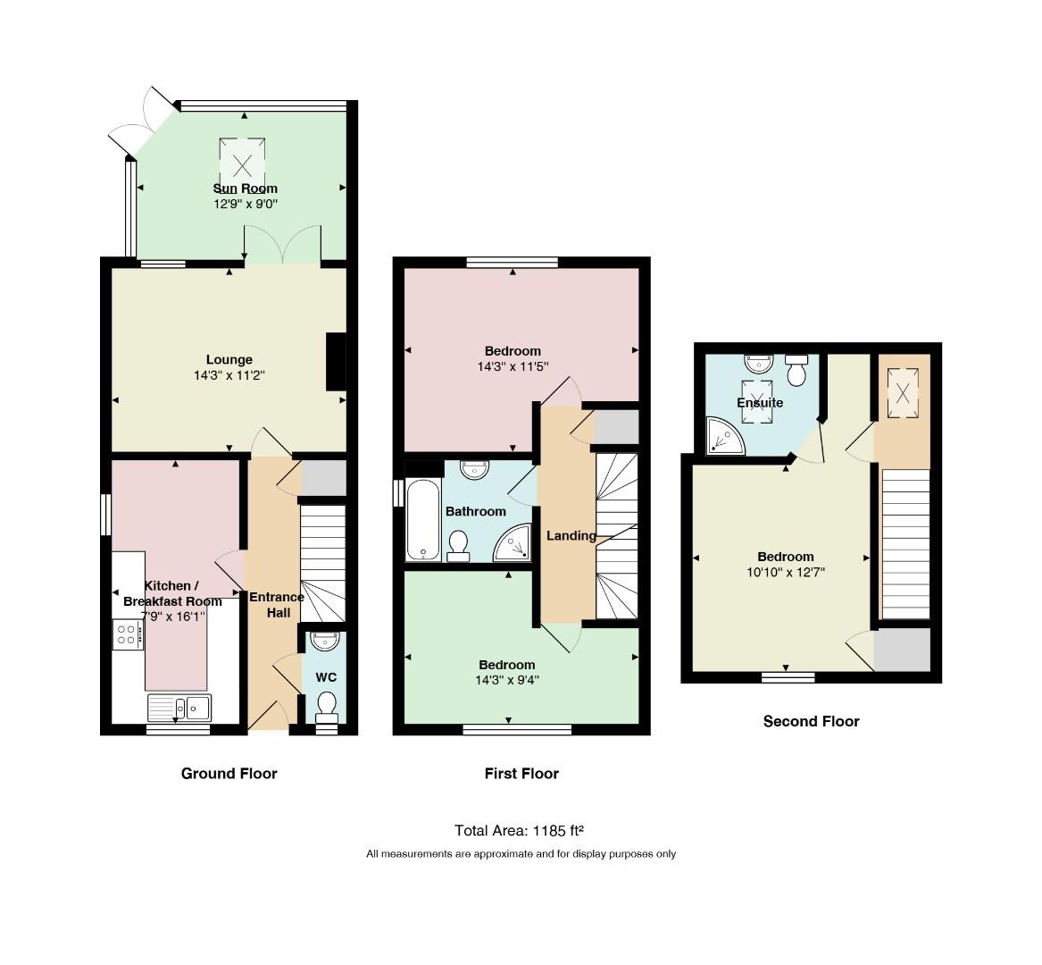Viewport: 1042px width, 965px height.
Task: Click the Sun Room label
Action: [246, 189]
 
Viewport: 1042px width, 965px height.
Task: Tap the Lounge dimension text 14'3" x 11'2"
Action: [229, 376]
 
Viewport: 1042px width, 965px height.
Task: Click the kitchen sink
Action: [179, 709]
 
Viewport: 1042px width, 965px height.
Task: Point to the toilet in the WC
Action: [326, 706]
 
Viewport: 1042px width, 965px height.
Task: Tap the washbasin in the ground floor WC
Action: [326, 641]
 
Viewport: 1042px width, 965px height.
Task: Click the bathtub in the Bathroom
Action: [422, 520]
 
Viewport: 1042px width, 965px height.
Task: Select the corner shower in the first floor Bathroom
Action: [514, 542]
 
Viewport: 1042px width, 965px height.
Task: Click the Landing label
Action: [571, 535]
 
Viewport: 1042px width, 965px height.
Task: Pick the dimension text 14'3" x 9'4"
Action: [507, 680]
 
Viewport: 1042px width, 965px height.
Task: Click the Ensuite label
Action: [760, 403]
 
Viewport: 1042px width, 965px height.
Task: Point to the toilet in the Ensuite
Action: [796, 370]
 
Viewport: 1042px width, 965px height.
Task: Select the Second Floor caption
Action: [812, 722]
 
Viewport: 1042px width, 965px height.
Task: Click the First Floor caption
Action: [521, 774]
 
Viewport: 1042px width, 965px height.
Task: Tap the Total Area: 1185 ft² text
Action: [519, 831]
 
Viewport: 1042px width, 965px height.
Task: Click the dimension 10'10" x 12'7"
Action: [786, 572]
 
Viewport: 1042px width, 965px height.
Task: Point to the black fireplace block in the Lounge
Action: [337, 362]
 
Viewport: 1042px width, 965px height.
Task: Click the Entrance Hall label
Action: [277, 605]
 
